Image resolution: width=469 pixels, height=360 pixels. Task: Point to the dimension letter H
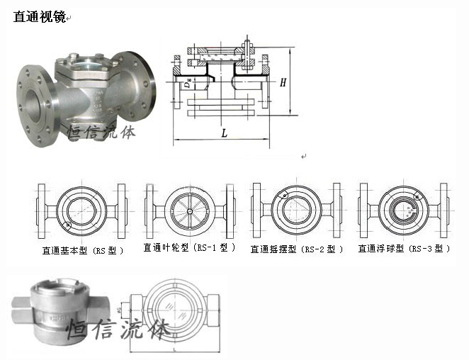(x=283, y=83)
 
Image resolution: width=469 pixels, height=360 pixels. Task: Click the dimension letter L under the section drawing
(x=224, y=133)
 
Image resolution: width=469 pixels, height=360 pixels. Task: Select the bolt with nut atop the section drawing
(x=247, y=52)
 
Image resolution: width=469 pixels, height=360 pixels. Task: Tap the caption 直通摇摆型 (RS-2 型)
(x=296, y=249)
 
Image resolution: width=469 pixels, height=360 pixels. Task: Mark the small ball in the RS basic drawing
(x=67, y=225)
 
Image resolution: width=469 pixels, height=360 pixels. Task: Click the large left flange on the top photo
(x=32, y=93)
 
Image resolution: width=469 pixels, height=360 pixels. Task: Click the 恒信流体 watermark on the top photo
(x=106, y=134)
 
